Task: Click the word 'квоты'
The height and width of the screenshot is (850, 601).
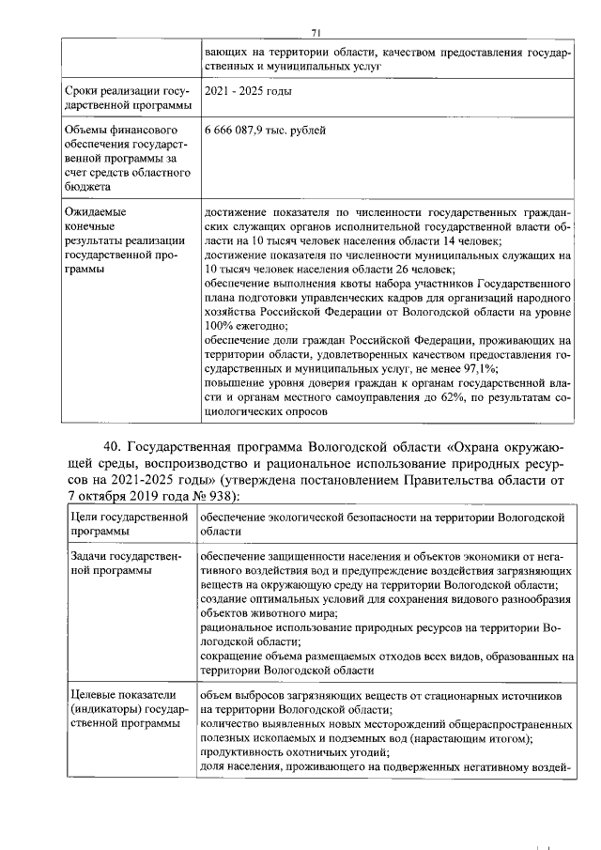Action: (x=336, y=283)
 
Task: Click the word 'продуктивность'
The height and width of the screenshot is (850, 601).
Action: (x=245, y=753)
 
